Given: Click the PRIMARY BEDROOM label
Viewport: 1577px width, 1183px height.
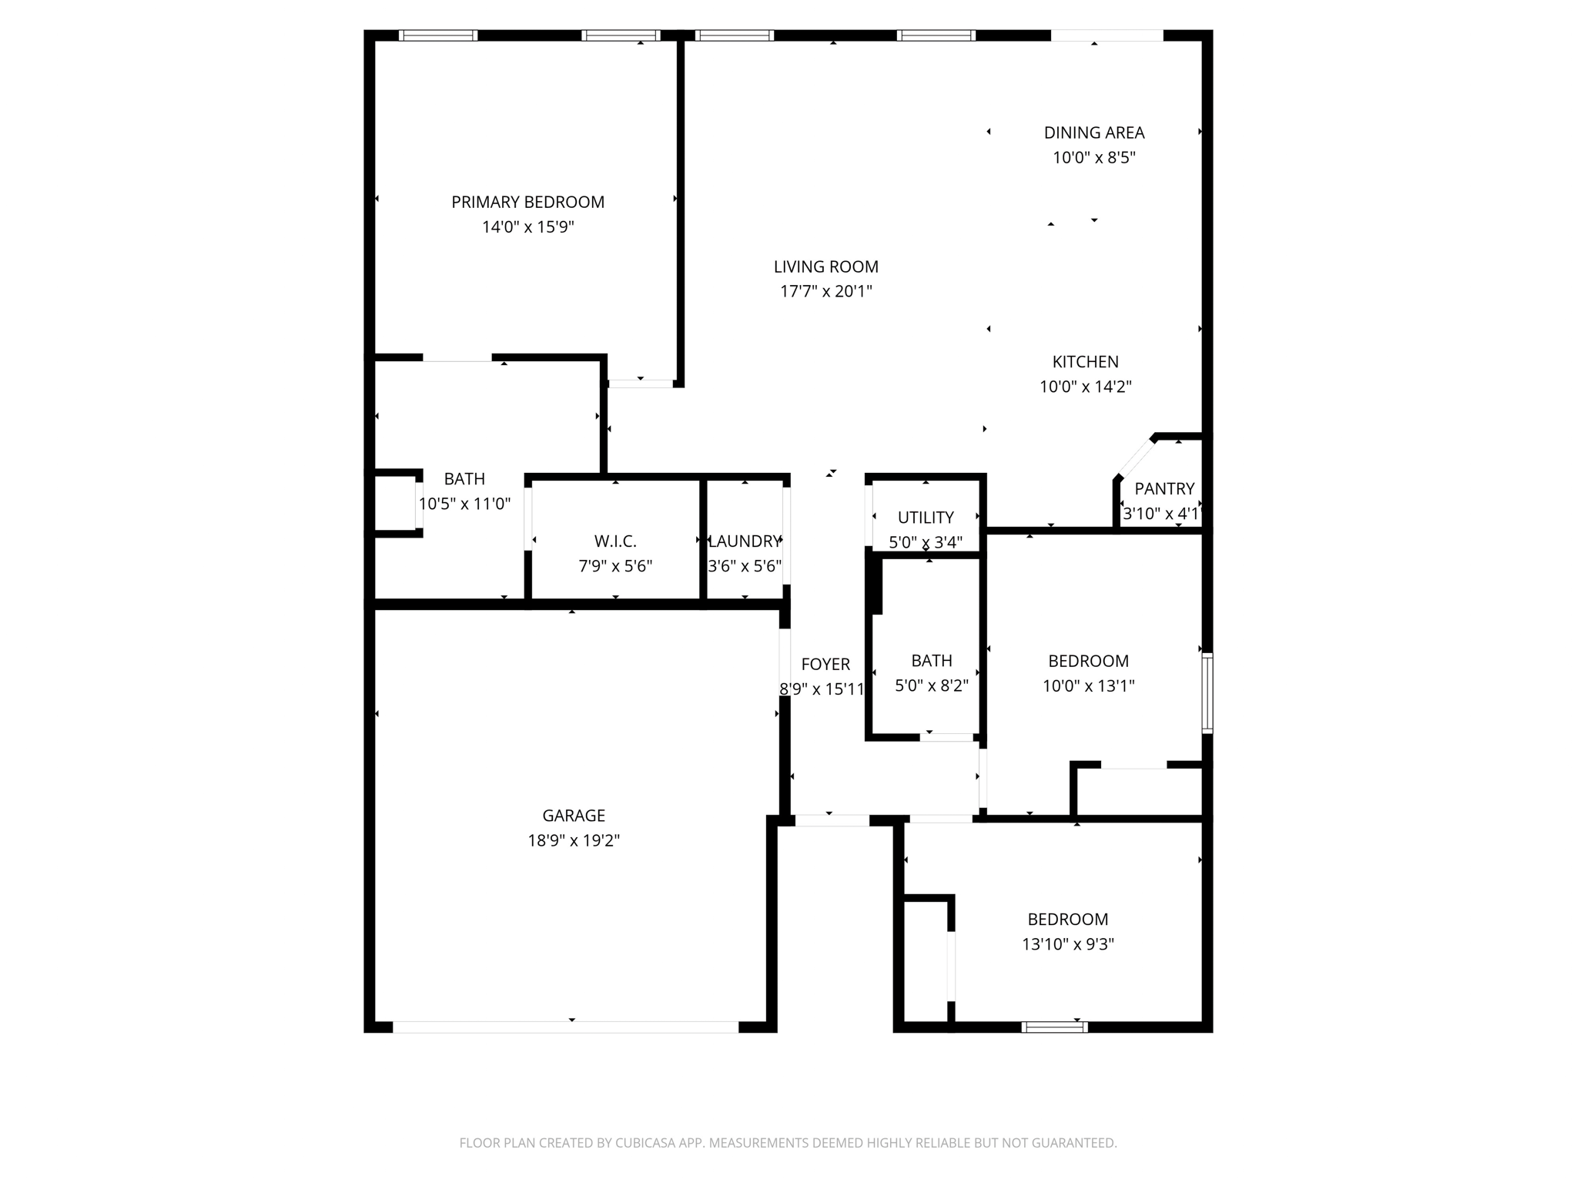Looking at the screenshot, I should click(x=527, y=202).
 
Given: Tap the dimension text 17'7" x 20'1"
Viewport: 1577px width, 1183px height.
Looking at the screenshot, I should click(x=825, y=292).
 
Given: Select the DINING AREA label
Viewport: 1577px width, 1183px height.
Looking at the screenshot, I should click(x=1093, y=132).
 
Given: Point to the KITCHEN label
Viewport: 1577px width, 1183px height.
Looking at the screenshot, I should click(x=1085, y=362).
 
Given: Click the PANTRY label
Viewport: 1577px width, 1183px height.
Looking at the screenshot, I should click(x=1163, y=489).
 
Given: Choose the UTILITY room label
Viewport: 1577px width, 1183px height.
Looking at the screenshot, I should click(x=925, y=518).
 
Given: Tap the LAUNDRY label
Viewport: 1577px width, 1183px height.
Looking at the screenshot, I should click(x=744, y=541).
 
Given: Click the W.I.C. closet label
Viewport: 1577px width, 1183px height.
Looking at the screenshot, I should click(x=614, y=541).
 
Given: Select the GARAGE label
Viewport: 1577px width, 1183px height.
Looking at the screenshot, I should click(x=574, y=816).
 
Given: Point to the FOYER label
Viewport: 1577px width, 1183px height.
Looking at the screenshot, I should click(x=825, y=665).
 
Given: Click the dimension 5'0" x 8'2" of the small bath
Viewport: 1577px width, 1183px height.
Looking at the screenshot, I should click(x=931, y=685).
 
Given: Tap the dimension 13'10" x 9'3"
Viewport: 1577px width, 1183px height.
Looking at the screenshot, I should click(x=1067, y=944).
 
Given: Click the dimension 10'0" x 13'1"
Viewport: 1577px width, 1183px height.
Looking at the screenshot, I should click(x=1088, y=685).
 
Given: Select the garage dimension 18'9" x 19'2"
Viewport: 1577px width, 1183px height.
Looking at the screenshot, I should click(x=574, y=840).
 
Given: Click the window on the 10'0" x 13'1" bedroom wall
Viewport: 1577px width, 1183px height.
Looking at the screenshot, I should click(x=1207, y=692).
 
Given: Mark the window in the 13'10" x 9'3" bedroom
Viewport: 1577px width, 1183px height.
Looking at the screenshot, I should click(x=1054, y=1027).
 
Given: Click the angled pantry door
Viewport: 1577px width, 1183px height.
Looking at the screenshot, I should click(x=1136, y=458).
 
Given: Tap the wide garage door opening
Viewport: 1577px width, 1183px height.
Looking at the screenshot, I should click(x=565, y=1027).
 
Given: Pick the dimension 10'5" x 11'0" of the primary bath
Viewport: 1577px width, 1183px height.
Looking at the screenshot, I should click(x=464, y=504).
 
